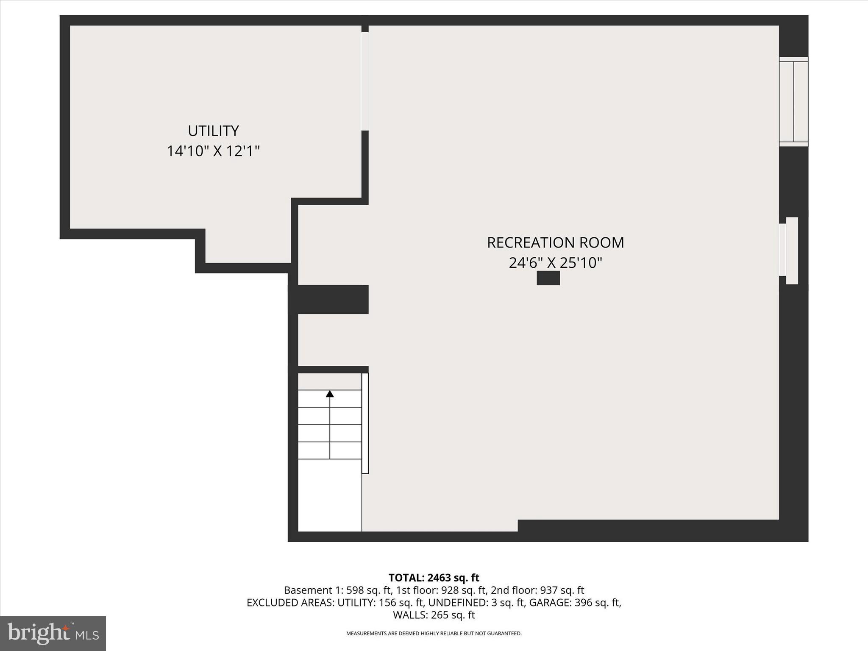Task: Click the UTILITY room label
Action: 213,131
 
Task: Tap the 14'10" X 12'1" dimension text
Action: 213,151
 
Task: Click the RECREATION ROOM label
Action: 555,242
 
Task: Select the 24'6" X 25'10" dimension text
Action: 555,263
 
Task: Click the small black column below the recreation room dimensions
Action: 548,278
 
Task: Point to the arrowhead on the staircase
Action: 330,394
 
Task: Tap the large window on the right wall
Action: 793,102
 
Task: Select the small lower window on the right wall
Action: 789,250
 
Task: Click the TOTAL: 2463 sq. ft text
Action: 434,578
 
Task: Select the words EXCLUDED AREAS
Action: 290,602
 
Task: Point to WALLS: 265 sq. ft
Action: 434,615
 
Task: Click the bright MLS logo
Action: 53,633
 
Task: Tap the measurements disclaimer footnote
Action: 434,634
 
